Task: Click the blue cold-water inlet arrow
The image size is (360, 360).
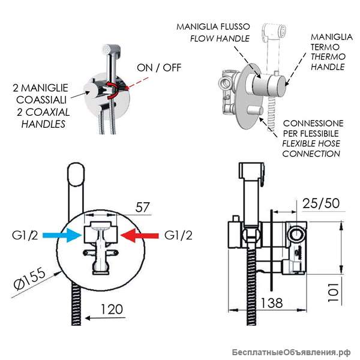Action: tap(62, 235)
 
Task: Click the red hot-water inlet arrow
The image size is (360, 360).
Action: tap(140, 235)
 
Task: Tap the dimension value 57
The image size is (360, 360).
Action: tap(142, 208)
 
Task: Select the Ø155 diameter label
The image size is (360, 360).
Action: tap(29, 278)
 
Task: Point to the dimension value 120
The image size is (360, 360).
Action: tap(112, 309)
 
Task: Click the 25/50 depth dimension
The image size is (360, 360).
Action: tap(321, 203)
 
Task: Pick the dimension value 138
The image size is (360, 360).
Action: tap(272, 303)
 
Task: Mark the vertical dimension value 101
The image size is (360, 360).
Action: tap(333, 292)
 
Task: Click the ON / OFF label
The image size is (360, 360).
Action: tap(159, 68)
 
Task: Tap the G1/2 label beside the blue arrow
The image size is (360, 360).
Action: tap(25, 235)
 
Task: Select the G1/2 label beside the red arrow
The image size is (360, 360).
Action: tap(178, 235)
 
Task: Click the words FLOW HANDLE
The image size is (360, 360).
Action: tap(220, 38)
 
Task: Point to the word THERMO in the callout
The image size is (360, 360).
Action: tap(328, 57)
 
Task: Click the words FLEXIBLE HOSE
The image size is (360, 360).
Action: tap(311, 144)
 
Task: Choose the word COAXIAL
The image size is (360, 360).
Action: tap(47, 112)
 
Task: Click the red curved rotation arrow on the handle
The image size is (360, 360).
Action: tap(113, 90)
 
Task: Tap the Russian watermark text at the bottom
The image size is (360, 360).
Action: tap(291, 352)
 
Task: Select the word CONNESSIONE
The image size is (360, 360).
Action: tap(313, 124)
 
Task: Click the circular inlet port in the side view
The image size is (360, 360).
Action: tap(297, 235)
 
